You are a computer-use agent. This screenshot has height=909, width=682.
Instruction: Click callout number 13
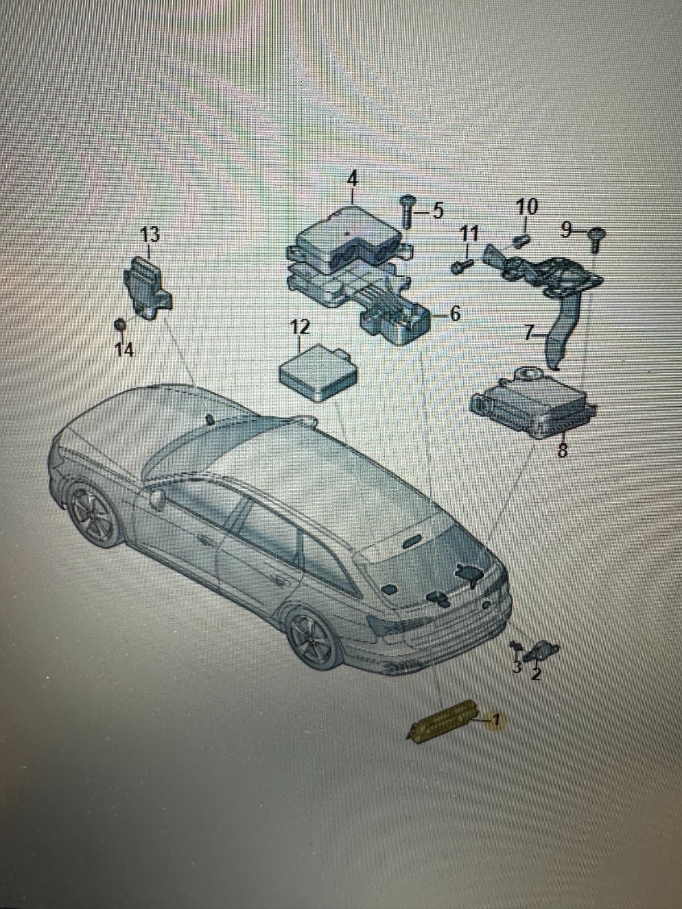tap(150, 234)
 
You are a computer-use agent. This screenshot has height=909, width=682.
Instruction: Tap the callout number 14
tap(124, 350)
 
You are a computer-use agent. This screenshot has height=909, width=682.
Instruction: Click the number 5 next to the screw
tap(437, 211)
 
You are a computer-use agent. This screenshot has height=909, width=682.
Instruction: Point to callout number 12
tap(300, 328)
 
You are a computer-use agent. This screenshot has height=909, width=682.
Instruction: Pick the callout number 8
tap(562, 451)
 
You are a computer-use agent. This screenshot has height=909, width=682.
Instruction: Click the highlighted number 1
tap(495, 720)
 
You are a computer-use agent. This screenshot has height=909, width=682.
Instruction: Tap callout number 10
tap(527, 206)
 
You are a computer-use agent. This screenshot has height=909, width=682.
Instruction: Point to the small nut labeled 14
tap(120, 324)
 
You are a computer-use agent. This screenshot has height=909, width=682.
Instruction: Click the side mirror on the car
tap(157, 499)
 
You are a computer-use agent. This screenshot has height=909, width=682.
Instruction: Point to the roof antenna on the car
tap(210, 419)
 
